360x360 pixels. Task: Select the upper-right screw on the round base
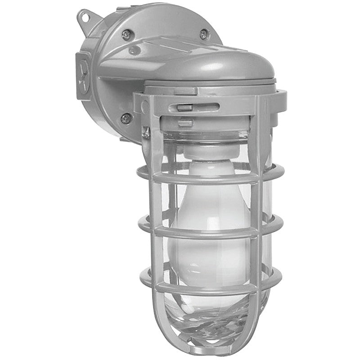[x=204, y=34]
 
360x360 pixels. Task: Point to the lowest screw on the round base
[x=126, y=119]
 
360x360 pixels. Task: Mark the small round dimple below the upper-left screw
[x=134, y=50]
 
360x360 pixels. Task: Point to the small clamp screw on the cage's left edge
[x=146, y=131]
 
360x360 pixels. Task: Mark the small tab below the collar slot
[x=185, y=122]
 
